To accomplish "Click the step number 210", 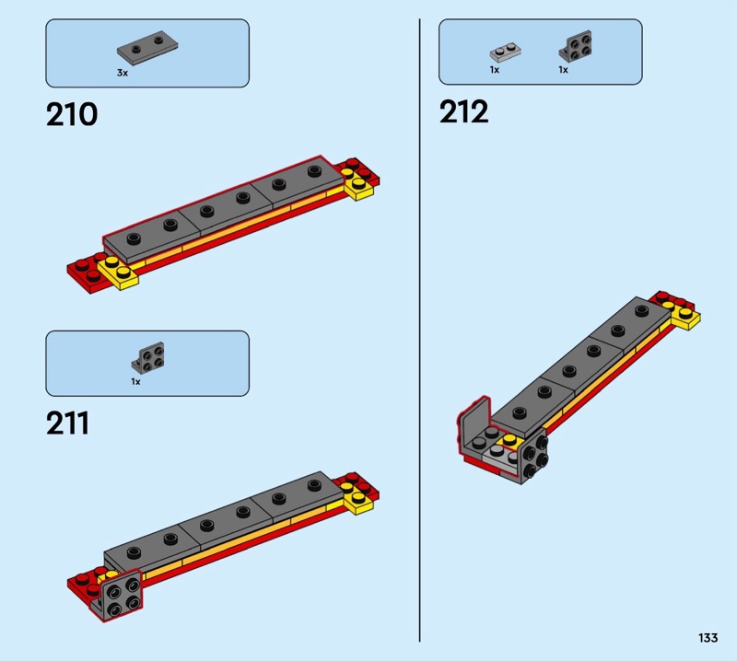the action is [72, 114].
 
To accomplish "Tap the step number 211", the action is [67, 423].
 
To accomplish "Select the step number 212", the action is [464, 111].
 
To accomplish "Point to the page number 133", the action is [708, 637].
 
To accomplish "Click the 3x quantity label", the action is [123, 73].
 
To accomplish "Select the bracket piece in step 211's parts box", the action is [147, 357].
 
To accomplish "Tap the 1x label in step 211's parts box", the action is [135, 381].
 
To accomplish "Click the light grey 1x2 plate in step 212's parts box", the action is [505, 52].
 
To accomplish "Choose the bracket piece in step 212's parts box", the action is [575, 46].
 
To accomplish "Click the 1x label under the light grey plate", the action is [495, 70].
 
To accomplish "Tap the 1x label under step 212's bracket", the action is [563, 70].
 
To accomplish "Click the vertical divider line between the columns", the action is [419, 330].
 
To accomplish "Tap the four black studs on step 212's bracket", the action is [535, 455].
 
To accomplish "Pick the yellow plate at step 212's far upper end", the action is [685, 314].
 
